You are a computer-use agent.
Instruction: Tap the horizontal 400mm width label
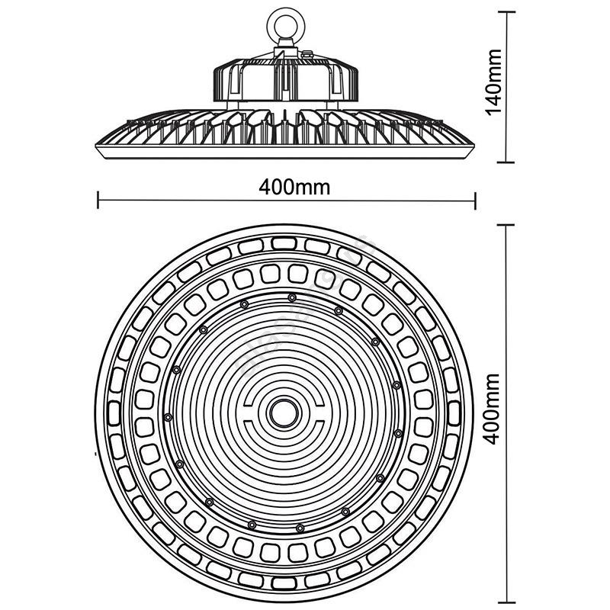(287, 186)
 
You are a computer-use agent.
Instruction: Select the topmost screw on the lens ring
(292, 297)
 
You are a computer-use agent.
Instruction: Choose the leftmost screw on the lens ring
(167, 416)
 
